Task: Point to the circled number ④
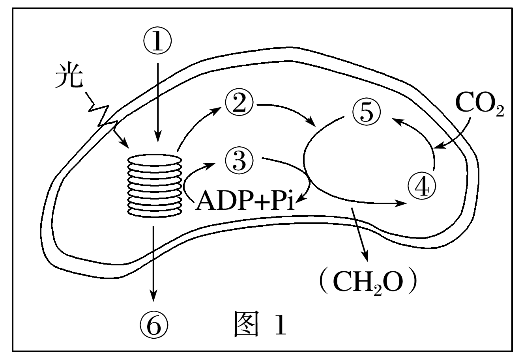423,187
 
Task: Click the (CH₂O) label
368,281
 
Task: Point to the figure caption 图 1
259,323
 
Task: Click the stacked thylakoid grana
155,185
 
